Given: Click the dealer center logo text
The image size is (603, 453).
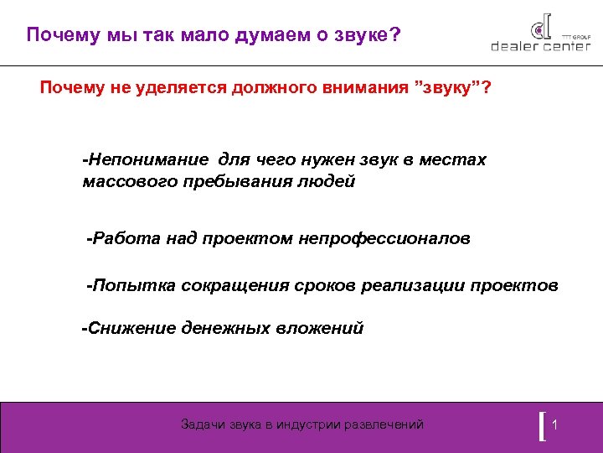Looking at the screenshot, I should (540, 47).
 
